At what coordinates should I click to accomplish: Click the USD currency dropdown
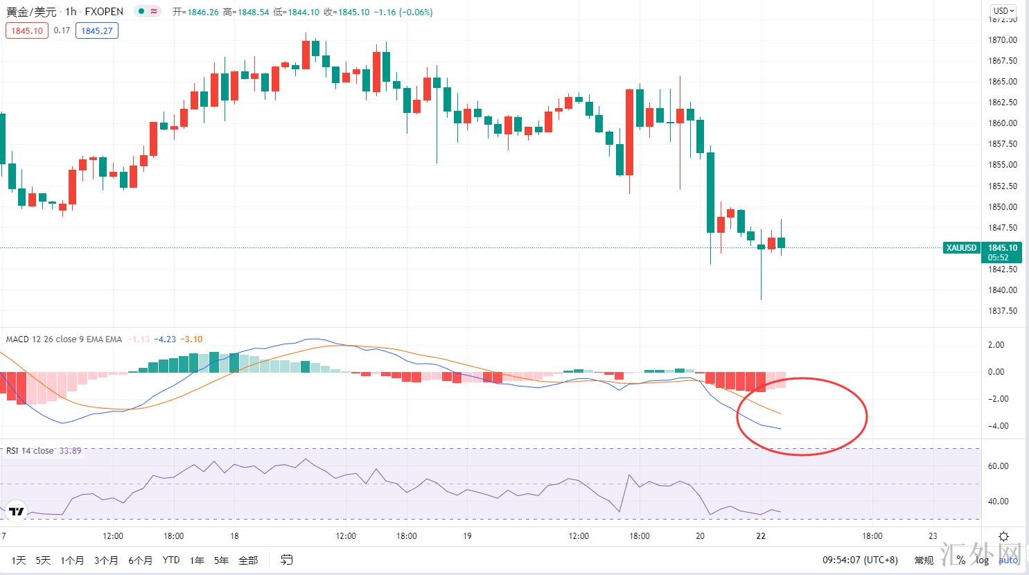[1003, 10]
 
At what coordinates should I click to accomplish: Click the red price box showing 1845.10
[27, 30]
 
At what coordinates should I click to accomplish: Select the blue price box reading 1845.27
[97, 30]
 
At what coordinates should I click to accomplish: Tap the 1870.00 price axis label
[1003, 40]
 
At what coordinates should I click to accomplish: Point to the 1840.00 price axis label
[1003, 290]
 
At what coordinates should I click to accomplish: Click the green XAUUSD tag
[962, 248]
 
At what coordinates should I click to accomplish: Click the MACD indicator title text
[64, 339]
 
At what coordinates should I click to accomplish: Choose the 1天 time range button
[19, 560]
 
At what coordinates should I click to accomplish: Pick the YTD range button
[171, 560]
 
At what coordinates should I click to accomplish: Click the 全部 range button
[248, 560]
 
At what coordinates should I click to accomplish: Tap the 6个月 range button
[140, 560]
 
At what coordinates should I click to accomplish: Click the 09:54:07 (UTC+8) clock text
[860, 560]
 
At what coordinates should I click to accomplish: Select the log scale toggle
[983, 560]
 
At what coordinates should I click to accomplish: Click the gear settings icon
[1003, 536]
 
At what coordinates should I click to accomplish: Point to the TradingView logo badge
[17, 511]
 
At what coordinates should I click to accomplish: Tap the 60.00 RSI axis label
[999, 466]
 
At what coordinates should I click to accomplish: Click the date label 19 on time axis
[468, 536]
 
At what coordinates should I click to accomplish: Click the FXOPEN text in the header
[104, 11]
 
